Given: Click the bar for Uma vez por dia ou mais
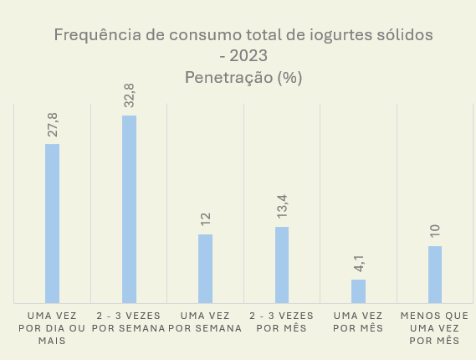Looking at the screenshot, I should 52,223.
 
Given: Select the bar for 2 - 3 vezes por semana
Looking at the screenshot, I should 129,208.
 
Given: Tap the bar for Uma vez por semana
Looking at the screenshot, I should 205,268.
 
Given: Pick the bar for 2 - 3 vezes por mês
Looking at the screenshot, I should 282,265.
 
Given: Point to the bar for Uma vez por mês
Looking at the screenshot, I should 358,291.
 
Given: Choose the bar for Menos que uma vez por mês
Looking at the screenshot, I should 435,274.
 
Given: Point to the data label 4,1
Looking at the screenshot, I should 358,263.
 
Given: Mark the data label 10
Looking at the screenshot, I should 435,231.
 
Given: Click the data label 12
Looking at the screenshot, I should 205,220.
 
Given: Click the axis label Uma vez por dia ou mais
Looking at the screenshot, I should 52,328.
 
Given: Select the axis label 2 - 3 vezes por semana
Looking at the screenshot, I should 129,321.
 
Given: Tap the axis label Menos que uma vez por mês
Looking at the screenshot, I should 435,328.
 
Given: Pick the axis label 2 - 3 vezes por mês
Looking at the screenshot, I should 282,321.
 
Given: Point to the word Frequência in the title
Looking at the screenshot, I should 90,35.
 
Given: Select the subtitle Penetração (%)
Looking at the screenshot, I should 243,77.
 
